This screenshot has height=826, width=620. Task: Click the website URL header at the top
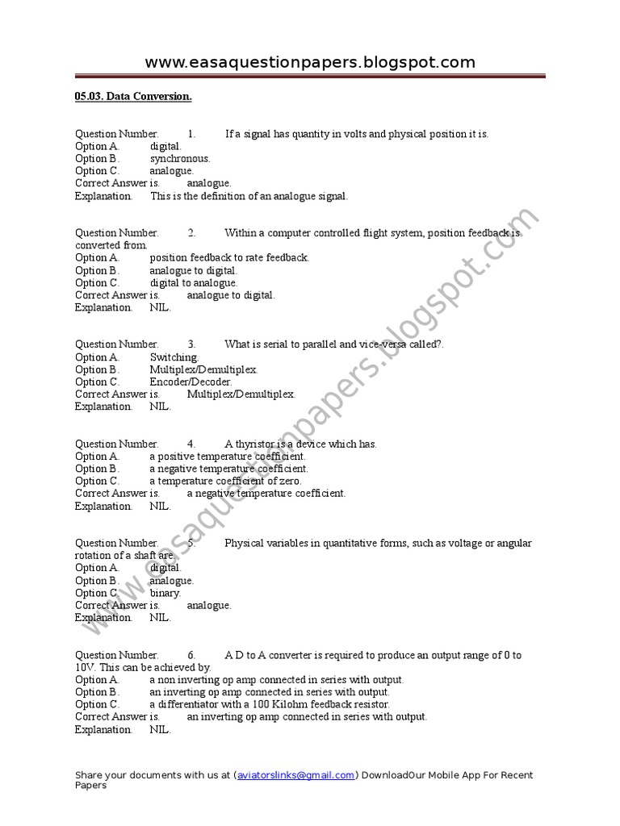(x=310, y=62)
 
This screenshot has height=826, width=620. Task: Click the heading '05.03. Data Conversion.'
(x=133, y=97)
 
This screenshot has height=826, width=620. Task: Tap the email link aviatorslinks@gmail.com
(x=295, y=775)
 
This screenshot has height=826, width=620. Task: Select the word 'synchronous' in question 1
(x=179, y=158)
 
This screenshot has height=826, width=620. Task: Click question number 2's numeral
(x=192, y=233)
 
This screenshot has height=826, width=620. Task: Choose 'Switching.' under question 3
(x=174, y=357)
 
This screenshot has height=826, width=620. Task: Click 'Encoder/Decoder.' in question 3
(x=191, y=382)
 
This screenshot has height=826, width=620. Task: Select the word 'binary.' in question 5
(x=165, y=593)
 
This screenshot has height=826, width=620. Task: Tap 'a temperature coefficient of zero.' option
(x=225, y=481)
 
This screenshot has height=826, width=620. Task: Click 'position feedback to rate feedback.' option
(x=229, y=258)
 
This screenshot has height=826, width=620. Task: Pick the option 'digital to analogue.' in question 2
(x=194, y=283)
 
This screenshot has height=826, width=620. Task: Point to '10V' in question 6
(x=85, y=667)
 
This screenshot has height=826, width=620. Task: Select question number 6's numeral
(x=192, y=655)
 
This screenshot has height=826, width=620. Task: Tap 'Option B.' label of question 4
(x=97, y=469)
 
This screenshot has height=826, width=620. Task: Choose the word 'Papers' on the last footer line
(x=90, y=785)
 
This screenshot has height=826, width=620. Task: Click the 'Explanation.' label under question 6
(x=103, y=729)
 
